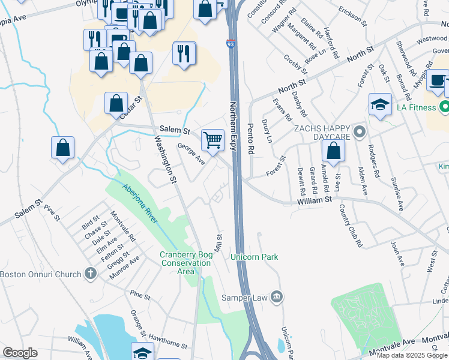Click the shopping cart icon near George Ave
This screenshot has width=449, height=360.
213,140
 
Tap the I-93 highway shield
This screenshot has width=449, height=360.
231,44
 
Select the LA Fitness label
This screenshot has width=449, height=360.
415,109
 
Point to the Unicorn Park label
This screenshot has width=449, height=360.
255,257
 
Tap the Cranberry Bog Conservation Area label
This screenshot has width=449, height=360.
186,263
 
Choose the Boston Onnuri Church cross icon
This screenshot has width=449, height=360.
91,274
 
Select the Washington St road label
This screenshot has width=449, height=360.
165,158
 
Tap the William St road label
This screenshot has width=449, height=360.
315,203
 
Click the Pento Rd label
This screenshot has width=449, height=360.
251,139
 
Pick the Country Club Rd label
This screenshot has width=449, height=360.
351,226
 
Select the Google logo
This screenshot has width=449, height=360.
20,353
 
